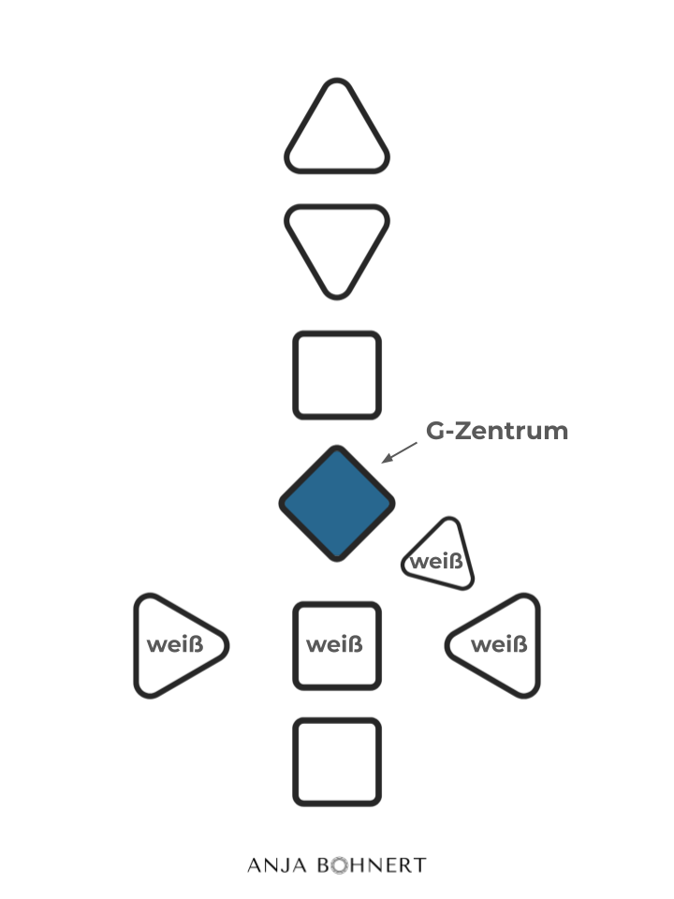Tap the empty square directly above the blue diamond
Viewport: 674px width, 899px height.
337,375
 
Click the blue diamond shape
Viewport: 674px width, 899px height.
337,503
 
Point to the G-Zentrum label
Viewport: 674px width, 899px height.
497,432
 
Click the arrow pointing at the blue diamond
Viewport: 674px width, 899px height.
400,452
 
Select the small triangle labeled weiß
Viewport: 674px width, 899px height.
440,558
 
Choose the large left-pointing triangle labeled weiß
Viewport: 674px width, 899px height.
496,645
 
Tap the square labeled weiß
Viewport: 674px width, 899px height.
337,645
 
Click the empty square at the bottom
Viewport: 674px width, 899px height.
337,761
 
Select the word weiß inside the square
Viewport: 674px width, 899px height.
334,645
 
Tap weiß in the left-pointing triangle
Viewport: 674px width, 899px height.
498,645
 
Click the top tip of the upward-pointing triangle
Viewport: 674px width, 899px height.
336,82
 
